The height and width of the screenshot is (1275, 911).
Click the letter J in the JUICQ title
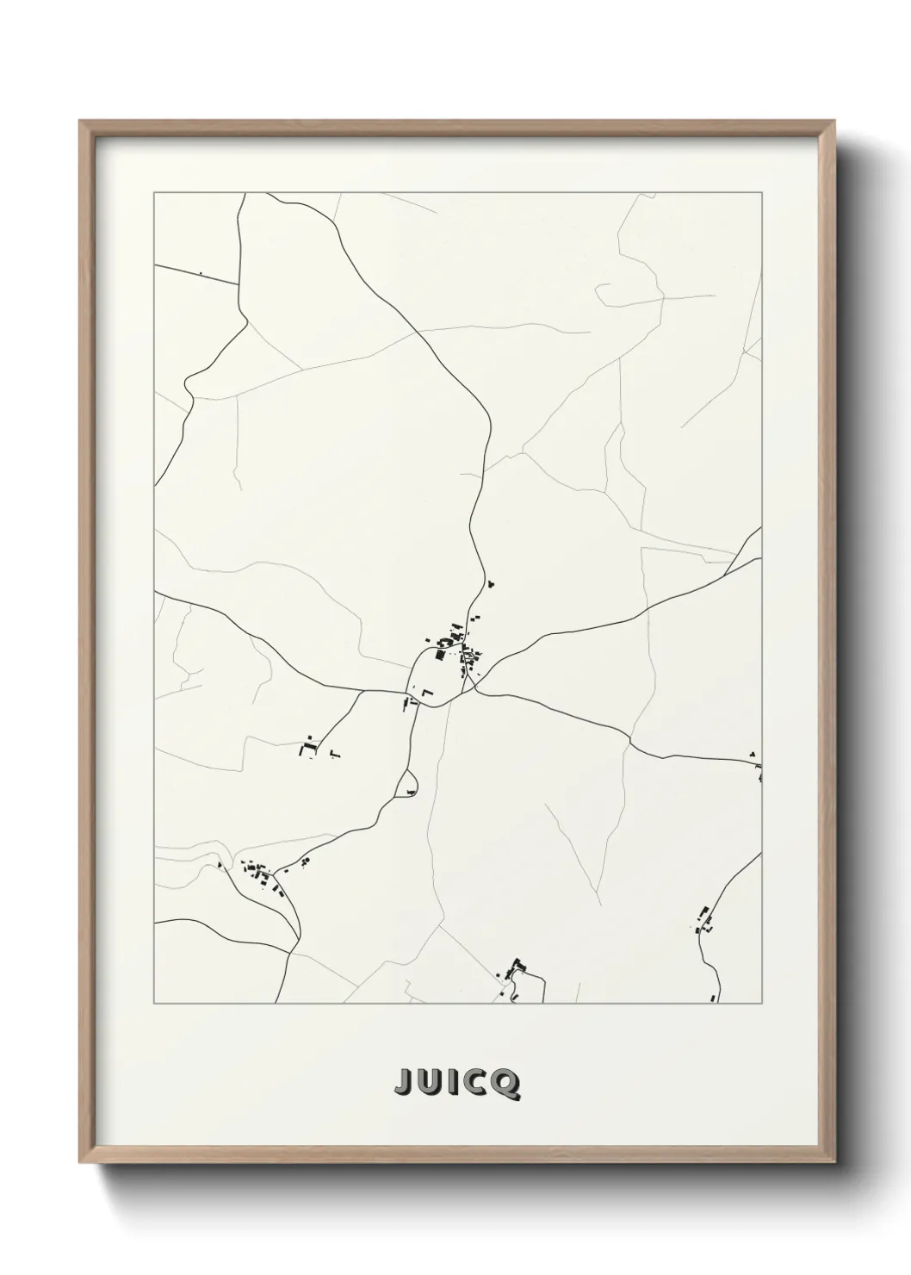[x=403, y=1085]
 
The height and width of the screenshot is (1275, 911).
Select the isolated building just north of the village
[x=492, y=585]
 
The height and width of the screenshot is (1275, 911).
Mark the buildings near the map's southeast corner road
[x=703, y=921]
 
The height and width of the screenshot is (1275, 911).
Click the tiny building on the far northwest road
[x=201, y=274]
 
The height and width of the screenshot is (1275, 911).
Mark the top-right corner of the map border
[x=761, y=193]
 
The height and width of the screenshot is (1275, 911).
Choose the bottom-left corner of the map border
[x=154, y=1004]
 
